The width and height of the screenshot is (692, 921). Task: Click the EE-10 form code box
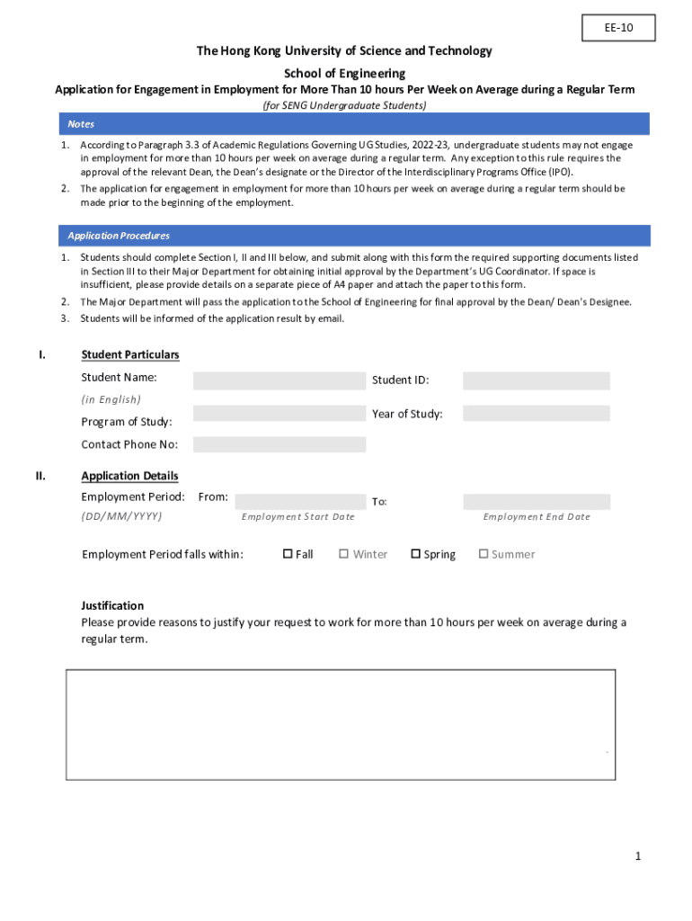[617, 29]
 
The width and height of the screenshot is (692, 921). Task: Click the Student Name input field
[279, 380]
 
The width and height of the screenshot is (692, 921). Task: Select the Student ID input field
[536, 380]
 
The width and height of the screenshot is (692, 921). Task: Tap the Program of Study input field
[279, 414]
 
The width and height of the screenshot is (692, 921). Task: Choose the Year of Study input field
[536, 414]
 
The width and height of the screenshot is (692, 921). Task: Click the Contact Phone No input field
[279, 444]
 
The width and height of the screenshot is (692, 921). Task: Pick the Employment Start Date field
[298, 502]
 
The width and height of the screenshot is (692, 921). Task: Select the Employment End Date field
[536, 502]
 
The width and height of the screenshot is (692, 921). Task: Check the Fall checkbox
[288, 554]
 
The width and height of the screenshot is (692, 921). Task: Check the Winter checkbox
[344, 554]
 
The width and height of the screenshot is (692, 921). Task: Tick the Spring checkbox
[416, 554]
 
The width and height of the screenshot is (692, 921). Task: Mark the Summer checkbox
[484, 554]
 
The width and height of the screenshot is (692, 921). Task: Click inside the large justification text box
[340, 724]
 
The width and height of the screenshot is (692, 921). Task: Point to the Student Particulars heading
[129, 354]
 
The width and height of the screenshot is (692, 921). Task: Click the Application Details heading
[129, 476]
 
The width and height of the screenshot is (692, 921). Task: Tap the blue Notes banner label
[81, 124]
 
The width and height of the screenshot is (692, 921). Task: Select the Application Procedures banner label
[119, 236]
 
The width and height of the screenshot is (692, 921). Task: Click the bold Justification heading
[112, 605]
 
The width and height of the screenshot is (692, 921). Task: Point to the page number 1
[638, 856]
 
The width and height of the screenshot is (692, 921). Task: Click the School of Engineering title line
[345, 73]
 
